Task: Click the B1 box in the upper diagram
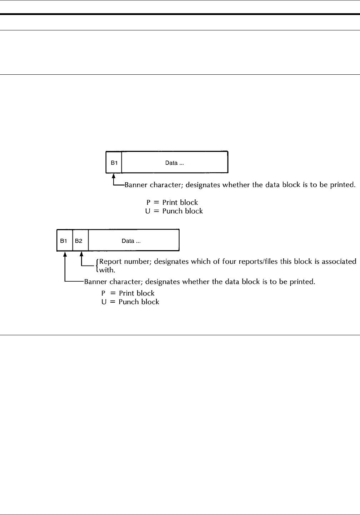114,163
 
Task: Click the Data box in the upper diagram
175,163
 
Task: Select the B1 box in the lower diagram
65,241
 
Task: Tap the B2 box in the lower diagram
80,241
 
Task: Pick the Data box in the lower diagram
134,241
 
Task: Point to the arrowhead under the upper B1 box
114,175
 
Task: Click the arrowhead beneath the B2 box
82,254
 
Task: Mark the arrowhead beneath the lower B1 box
65,254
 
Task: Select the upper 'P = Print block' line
174,203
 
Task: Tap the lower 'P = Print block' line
128,293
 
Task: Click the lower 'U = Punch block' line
130,302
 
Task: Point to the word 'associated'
339,261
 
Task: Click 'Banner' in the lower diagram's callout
95,282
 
